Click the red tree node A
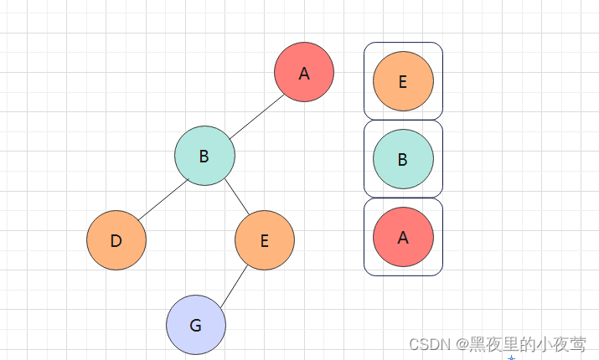pos(304,72)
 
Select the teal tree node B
pos(204,156)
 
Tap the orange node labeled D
pos(116,240)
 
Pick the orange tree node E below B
pos(265,240)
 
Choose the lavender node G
pos(196,324)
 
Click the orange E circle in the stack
pos(403,81)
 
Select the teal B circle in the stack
pos(403,159)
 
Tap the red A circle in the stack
pos(403,237)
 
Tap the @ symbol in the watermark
pos(462,343)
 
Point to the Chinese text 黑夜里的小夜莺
pos(527,343)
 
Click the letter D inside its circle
pos(116,241)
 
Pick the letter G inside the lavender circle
pos(196,325)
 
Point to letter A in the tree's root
pos(304,74)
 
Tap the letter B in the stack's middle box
pos(403,160)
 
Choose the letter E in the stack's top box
pos(403,82)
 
